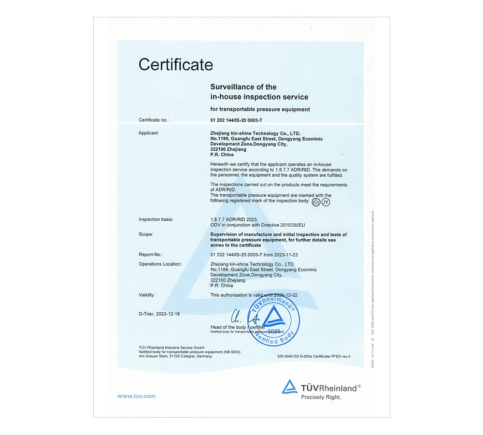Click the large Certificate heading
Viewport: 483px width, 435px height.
point(176,64)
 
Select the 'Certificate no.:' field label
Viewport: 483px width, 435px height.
point(154,120)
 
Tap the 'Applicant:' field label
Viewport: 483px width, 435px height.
point(149,132)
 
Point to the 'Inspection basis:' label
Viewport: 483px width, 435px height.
point(156,219)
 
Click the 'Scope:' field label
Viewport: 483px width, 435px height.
point(146,234)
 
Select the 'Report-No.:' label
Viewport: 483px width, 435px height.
point(151,254)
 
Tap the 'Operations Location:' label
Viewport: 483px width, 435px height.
point(160,264)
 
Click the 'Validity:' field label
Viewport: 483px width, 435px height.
point(147,295)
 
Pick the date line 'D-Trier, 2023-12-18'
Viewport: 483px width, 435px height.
point(159,314)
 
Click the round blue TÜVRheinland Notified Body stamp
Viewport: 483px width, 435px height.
point(274,321)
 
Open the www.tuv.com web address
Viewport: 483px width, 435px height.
point(136,396)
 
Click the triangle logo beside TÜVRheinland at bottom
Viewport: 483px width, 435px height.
point(290,387)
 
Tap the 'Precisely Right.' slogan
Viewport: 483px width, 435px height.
point(321,397)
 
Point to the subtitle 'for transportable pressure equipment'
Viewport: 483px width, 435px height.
point(260,109)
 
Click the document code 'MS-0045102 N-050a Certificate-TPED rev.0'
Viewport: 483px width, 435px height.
point(314,357)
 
